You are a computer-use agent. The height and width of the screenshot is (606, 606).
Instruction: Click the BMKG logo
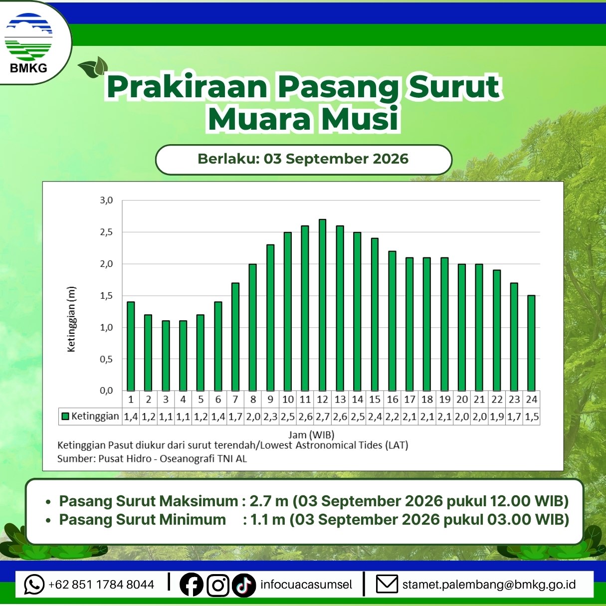coord(28,43)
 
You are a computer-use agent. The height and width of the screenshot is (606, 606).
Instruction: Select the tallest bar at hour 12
coord(322,305)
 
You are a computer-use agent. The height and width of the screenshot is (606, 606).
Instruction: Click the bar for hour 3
coord(166,356)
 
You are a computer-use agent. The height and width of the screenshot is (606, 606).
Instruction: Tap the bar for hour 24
coord(531,343)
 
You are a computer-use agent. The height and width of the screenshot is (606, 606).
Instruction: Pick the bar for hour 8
coord(252,327)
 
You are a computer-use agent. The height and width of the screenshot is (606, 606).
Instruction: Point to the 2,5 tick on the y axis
coord(106,232)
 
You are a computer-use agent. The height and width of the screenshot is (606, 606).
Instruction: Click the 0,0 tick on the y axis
coord(106,391)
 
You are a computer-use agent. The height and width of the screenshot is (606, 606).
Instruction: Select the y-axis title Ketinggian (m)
coord(72,319)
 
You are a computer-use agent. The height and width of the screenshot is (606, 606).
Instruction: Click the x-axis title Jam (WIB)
coord(311,435)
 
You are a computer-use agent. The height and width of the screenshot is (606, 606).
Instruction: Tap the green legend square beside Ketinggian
coord(65,416)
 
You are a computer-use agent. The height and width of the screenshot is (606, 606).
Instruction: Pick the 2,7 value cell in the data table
coord(323,416)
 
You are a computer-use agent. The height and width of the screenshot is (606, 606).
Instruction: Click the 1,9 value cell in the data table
coord(497,416)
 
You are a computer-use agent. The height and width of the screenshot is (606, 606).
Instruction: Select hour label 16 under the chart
coord(393,400)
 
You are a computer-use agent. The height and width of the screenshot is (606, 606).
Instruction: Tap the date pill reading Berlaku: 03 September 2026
coord(303,160)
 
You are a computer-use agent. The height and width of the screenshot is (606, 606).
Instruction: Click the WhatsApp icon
coord(34,584)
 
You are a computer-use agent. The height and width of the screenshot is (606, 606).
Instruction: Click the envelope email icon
coord(387,585)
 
